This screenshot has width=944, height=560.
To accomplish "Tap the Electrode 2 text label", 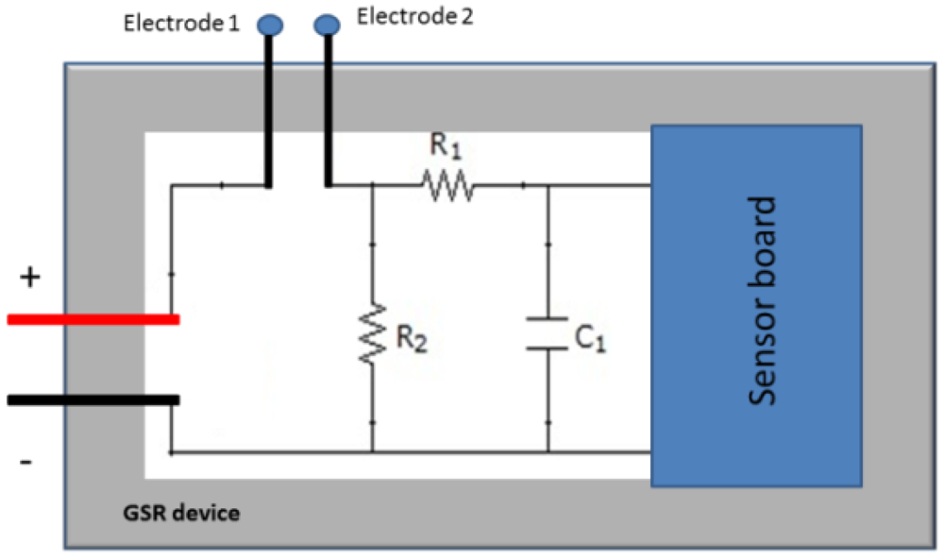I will tap(416, 18).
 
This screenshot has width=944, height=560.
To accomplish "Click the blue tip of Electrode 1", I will tap(269, 25).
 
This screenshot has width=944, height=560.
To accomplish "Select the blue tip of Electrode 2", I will tap(328, 25).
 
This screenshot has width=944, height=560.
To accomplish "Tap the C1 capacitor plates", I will tap(548, 333).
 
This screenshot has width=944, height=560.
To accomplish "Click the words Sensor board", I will tap(762, 300).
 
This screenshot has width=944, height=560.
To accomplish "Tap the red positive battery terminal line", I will tap(93, 319).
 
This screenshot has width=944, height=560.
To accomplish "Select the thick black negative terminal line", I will tap(93, 399).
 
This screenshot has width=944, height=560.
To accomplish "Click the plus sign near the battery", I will tap(30, 277).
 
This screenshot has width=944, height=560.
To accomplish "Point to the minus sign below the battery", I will tap(26, 462).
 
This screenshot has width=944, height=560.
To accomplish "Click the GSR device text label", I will tap(181, 515).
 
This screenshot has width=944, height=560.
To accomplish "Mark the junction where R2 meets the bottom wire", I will tap(373, 451).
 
